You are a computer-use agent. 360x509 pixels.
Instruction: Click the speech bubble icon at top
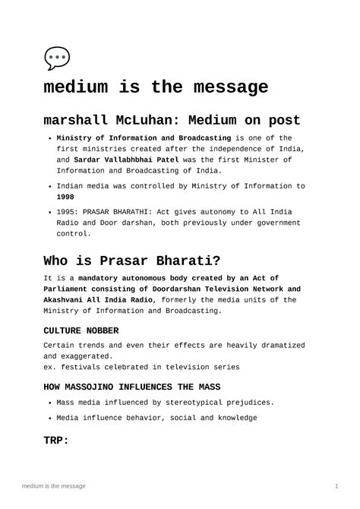click(57, 58)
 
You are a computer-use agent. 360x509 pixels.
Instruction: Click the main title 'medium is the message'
click(156, 88)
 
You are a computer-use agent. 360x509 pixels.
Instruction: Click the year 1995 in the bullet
click(67, 211)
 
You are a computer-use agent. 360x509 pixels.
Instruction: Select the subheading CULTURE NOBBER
click(81, 330)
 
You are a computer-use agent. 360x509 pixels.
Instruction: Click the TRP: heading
click(56, 439)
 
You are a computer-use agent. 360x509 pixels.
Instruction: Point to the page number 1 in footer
click(336, 485)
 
